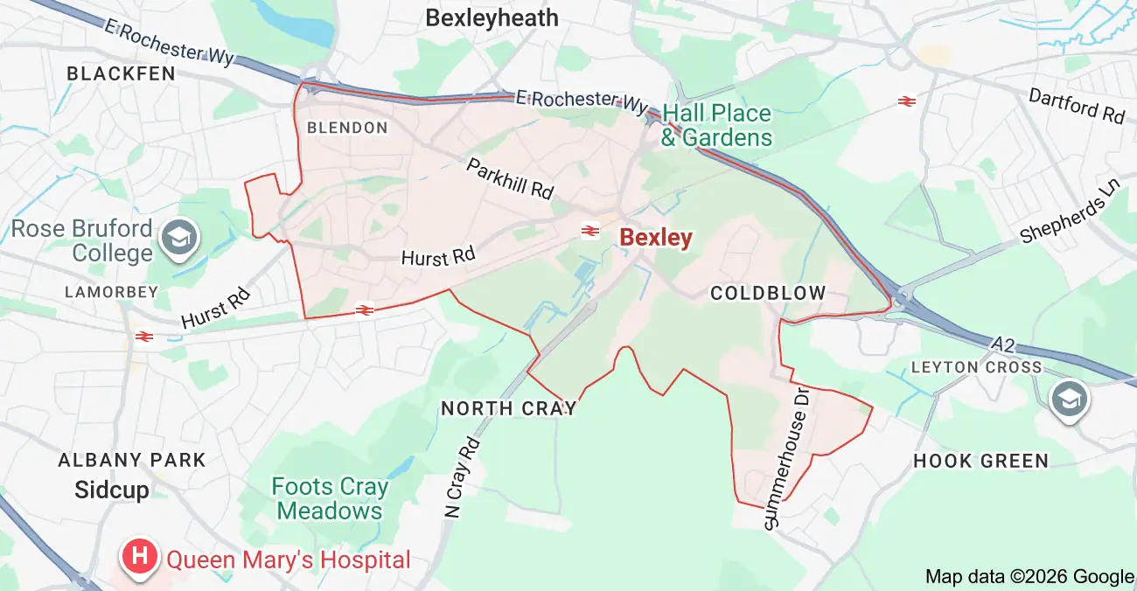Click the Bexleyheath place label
pos(492,17)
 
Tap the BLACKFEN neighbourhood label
pos(122,74)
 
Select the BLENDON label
pos(347,128)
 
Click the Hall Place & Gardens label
pos(716,125)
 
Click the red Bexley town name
pos(656,237)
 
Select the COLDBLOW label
pos(768,293)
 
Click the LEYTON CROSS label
pos(976,367)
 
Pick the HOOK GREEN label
pos(980,461)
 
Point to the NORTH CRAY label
pos(509,408)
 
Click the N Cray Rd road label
pos(464,477)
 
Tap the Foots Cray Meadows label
pos(330,498)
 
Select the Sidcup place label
pos(112,490)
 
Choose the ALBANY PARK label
pos(132,460)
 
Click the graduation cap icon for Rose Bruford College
pos(180,237)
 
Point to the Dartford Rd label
pos(1076,106)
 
